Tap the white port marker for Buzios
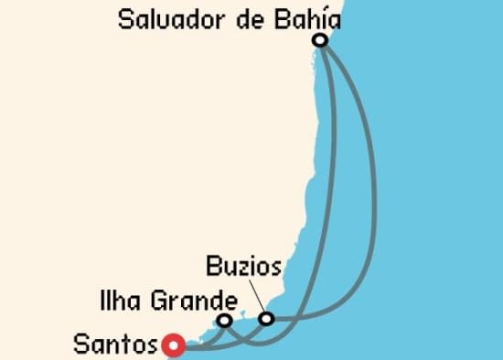(266, 319)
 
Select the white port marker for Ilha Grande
(224, 321)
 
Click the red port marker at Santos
(174, 345)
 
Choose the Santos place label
(115, 345)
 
